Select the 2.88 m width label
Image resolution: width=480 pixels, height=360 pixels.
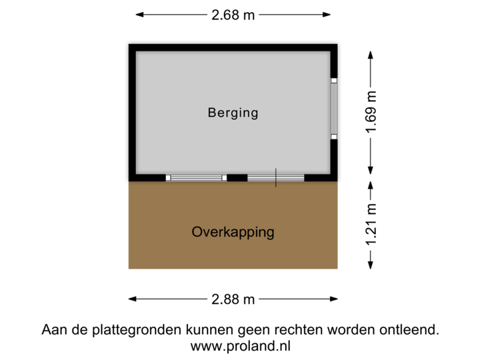click(233, 299)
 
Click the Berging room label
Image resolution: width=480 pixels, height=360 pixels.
click(233, 113)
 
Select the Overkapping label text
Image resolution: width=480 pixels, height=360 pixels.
click(233, 233)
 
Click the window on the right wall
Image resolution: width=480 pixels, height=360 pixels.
click(335, 109)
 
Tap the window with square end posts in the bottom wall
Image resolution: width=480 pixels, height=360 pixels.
click(196, 178)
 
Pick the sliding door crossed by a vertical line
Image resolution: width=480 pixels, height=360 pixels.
click(275, 178)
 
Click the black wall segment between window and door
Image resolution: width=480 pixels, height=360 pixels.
click(235, 178)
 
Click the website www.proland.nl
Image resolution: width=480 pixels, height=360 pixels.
click(240, 346)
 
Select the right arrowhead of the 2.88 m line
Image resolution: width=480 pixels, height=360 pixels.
click(333, 299)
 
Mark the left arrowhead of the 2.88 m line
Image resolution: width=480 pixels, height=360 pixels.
click(132, 299)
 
